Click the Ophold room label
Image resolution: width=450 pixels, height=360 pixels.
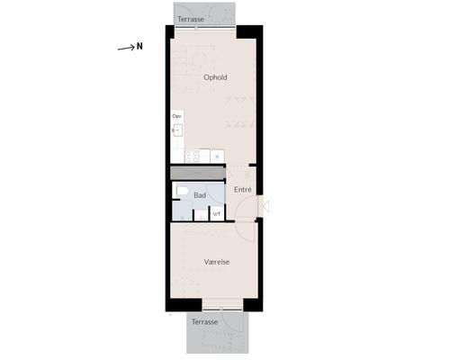click(215, 77)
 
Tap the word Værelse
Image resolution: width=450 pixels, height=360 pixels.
click(217, 262)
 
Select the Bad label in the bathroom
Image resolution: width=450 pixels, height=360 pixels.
click(200, 195)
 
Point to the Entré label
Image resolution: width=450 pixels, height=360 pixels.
click(243, 190)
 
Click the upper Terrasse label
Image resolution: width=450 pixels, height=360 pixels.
click(191, 19)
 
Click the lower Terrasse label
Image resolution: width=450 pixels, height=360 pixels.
click(204, 322)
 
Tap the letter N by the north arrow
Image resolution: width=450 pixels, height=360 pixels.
click(139, 47)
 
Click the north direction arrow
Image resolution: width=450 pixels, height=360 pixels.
click(126, 48)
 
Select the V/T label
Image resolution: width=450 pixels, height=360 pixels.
click(217, 214)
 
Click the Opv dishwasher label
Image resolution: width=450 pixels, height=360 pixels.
click(176, 116)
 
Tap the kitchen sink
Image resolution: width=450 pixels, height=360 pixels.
click(178, 130)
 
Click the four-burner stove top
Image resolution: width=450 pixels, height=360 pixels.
click(192, 157)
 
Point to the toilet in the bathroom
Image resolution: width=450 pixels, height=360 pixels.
click(182, 191)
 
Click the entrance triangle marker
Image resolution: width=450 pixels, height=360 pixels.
click(265, 206)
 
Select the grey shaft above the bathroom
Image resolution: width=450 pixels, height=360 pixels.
click(198, 173)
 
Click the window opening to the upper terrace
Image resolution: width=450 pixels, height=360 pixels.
click(205, 28)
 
